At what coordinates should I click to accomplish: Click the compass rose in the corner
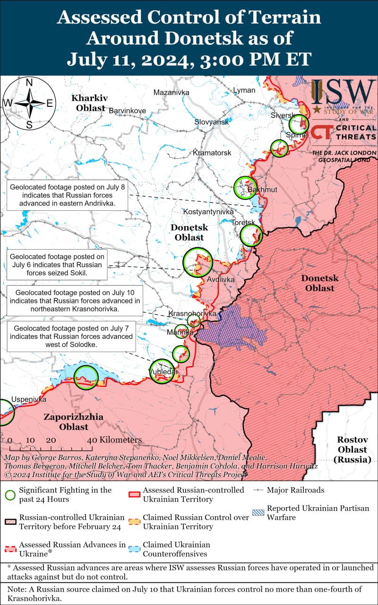(29, 104)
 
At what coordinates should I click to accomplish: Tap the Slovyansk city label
(211, 122)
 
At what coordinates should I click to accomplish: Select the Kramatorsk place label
(212, 153)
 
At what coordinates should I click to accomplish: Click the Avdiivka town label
(221, 280)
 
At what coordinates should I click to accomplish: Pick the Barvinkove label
(127, 111)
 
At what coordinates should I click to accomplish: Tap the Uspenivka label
(29, 399)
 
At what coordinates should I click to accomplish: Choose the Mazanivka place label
(171, 92)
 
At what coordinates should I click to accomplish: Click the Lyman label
(244, 90)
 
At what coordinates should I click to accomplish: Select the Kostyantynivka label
(208, 212)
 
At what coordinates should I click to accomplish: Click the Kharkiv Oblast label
(90, 103)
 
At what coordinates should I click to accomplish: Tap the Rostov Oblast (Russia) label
(352, 449)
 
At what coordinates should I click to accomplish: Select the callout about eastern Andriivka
(67, 195)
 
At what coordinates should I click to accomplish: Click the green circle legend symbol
(10, 495)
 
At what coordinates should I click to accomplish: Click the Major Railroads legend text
(295, 490)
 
